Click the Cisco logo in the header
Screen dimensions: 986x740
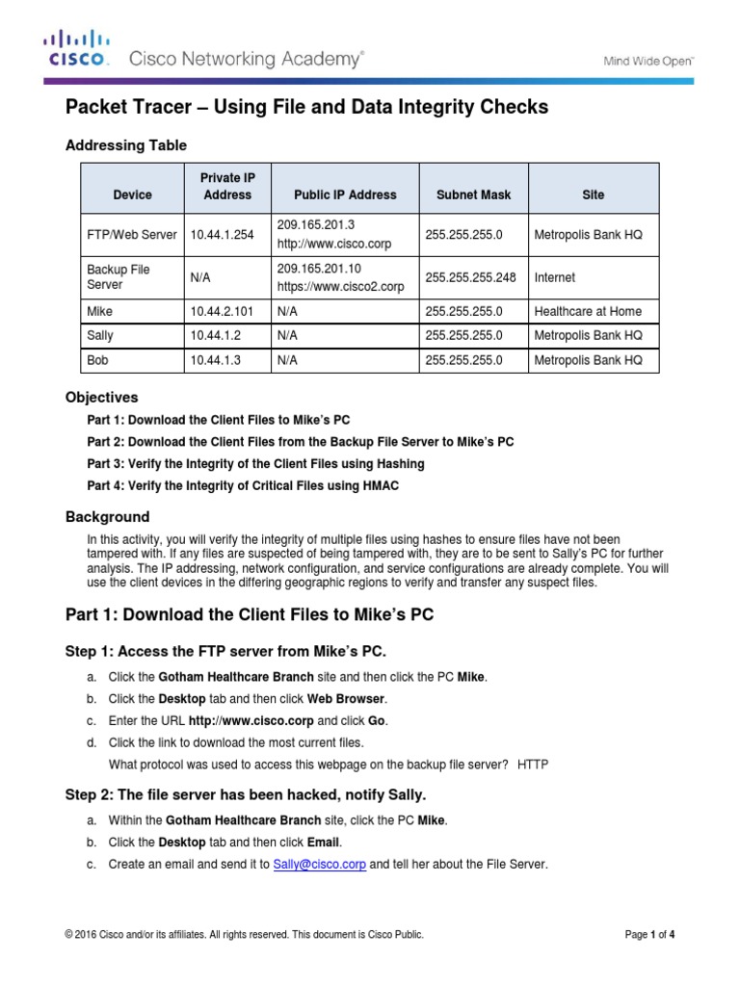coord(77,48)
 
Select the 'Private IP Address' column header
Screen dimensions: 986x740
coord(227,187)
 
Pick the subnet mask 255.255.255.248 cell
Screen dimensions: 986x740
coord(470,277)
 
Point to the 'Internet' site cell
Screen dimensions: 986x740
coord(554,277)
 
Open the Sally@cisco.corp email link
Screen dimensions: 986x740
coord(319,865)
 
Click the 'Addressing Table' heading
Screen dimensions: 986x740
coord(125,145)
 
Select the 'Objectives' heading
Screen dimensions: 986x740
coord(101,397)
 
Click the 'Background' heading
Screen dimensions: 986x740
coord(107,516)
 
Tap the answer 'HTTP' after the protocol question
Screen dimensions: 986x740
coord(533,764)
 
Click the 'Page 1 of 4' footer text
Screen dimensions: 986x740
coord(649,935)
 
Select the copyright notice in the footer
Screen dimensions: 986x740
coord(244,935)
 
